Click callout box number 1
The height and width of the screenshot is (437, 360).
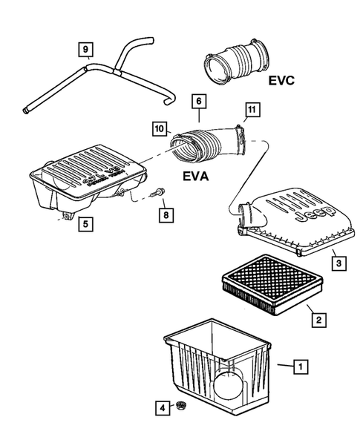[x=301, y=365]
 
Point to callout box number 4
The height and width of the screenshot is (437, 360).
[x=161, y=407]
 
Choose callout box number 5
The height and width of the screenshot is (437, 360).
[x=85, y=221]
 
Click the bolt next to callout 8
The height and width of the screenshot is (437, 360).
[x=155, y=197]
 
